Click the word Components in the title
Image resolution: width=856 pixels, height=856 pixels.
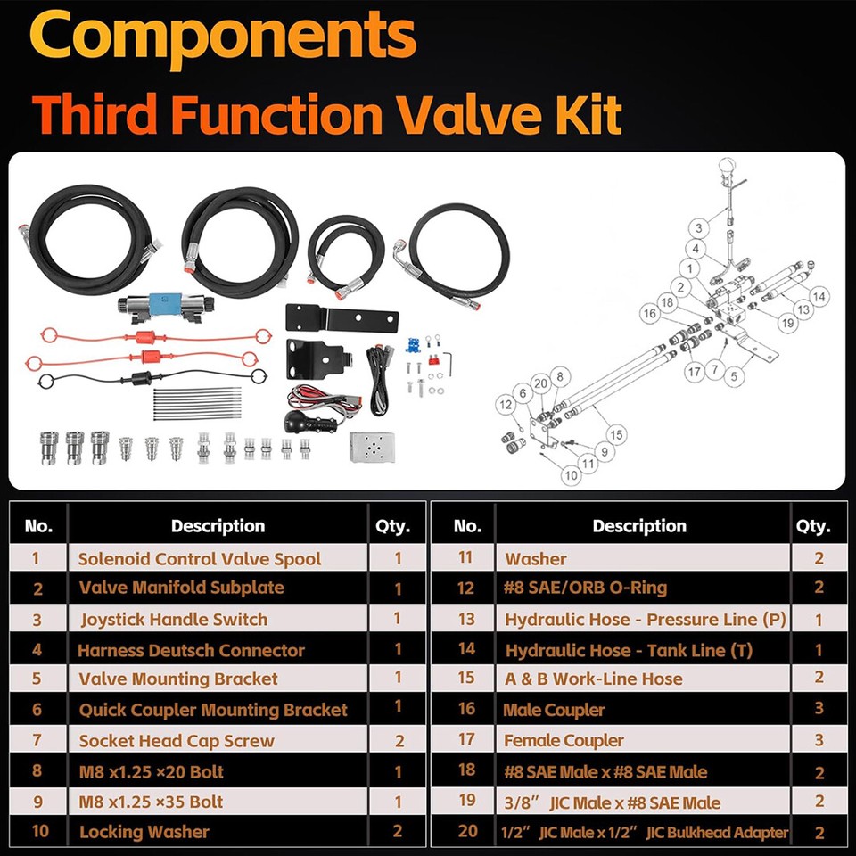(223, 37)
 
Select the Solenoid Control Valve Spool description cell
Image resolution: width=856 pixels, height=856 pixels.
(200, 559)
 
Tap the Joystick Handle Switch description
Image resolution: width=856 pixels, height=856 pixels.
(173, 619)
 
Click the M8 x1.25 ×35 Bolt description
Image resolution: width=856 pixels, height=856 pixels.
(152, 802)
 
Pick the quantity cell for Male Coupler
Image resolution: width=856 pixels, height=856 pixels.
(819, 711)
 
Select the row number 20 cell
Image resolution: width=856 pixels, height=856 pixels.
(467, 832)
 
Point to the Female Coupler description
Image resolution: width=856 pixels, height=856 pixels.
(564, 740)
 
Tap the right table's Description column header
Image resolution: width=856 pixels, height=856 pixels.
(639, 526)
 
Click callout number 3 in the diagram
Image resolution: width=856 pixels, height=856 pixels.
(700, 227)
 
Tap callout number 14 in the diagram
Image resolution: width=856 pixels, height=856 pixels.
(819, 296)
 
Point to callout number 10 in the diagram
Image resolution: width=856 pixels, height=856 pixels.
(571, 476)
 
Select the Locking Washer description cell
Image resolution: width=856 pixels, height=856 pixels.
(144, 832)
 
